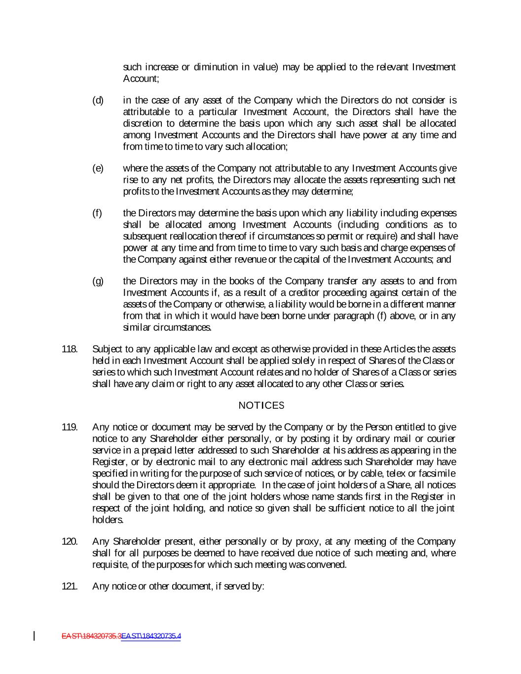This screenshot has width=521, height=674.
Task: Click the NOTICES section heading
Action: click(x=261, y=406)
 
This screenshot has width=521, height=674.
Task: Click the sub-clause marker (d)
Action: click(x=98, y=101)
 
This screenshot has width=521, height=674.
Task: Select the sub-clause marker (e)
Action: click(x=98, y=168)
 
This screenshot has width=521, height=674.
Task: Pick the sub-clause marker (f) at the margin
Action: click(x=97, y=213)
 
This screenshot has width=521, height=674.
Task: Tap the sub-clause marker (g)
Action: click(x=98, y=281)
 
